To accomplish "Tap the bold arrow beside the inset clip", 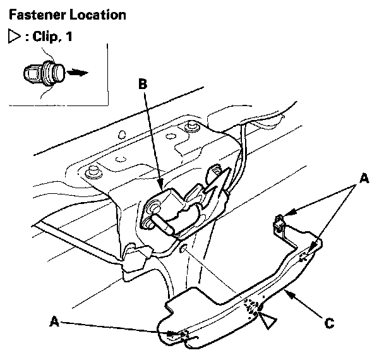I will click(x=77, y=73).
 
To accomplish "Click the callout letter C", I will click(x=329, y=324).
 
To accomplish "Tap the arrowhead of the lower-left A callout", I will click(x=176, y=333).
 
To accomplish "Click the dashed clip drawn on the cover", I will click(x=254, y=308).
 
